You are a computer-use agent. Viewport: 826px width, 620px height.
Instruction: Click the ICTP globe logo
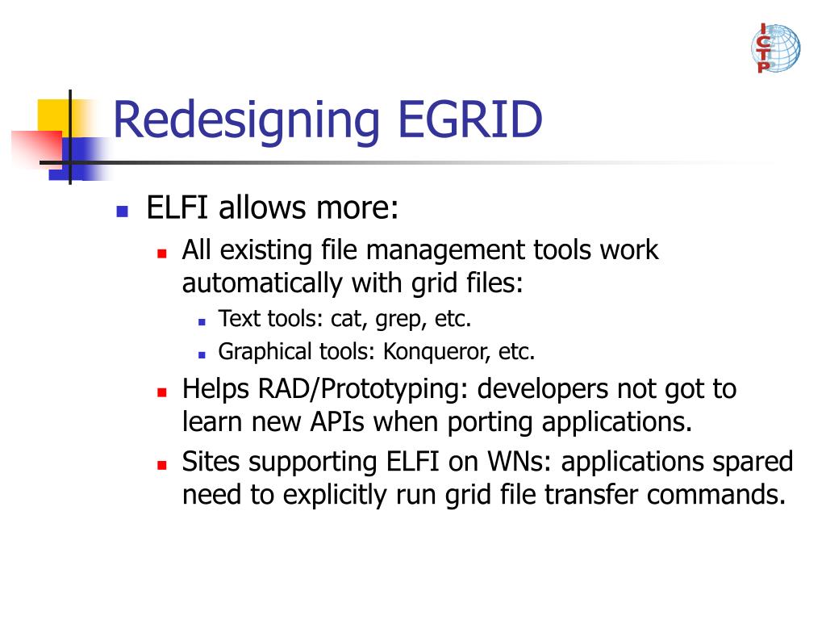click(x=775, y=48)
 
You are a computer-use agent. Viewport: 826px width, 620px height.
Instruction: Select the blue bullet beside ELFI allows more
click(x=123, y=212)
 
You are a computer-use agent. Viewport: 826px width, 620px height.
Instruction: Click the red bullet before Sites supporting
click(x=161, y=466)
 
